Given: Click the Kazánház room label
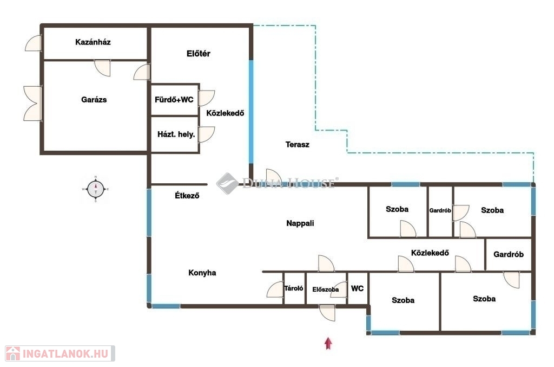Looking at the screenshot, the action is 93,42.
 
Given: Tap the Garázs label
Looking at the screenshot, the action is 94,99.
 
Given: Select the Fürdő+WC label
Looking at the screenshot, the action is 174,99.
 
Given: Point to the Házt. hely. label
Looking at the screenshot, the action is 176,134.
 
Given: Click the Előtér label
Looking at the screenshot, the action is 199,54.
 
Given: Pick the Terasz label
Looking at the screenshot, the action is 298,144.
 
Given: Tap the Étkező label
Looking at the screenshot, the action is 187,195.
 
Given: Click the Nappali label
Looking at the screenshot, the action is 300,223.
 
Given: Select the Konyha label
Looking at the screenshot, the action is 202,273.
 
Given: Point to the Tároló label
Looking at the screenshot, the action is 294,288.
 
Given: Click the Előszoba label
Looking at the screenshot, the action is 325,289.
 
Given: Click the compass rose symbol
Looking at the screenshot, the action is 95,189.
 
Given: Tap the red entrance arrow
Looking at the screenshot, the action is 328,343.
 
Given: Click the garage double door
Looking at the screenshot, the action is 33,104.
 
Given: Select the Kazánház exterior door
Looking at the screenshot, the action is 34,43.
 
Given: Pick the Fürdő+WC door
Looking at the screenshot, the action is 206,98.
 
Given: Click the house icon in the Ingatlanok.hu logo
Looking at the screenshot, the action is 13,353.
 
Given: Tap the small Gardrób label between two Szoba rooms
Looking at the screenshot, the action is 440,210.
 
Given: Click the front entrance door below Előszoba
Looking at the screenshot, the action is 327,313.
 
